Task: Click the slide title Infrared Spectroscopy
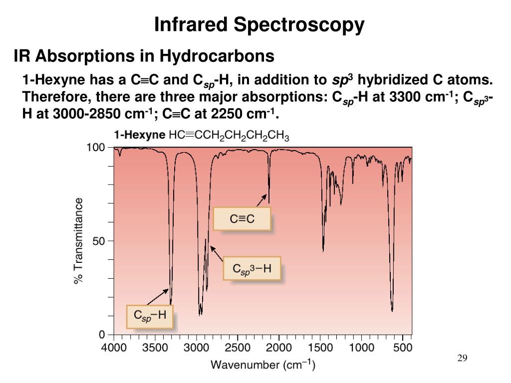point(259,24)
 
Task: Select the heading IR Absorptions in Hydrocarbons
point(144,56)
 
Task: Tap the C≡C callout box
point(242,219)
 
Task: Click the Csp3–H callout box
point(252,269)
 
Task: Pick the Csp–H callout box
point(150,316)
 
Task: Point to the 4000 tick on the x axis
point(114,348)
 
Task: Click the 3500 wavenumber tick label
point(155,348)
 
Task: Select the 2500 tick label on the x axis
point(237,348)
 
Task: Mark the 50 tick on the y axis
point(99,241)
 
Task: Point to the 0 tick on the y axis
point(102,334)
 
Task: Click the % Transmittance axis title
point(79,241)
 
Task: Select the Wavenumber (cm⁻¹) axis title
point(262,365)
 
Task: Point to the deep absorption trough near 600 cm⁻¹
point(392,309)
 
